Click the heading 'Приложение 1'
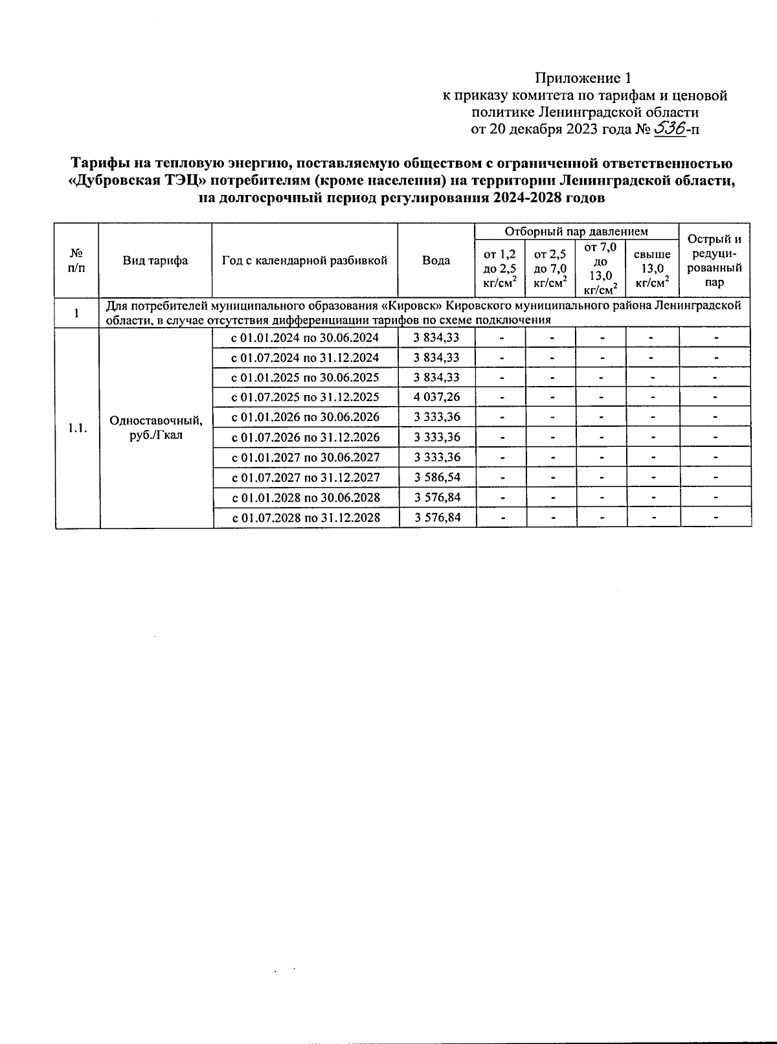[x=582, y=78]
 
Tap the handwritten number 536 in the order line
[x=670, y=128]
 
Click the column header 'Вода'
[x=436, y=260]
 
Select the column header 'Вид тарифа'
[x=155, y=260]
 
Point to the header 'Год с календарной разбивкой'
[x=304, y=260]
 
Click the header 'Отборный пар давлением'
[x=576, y=231]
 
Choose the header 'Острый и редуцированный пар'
[x=714, y=260]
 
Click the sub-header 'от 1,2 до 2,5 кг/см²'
[x=499, y=268]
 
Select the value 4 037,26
[x=437, y=397]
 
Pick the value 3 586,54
[x=437, y=477]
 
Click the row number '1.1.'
[x=77, y=428]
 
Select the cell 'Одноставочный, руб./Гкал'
[x=156, y=427]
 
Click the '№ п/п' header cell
[x=76, y=260]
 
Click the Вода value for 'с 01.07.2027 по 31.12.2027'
[x=437, y=477]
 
